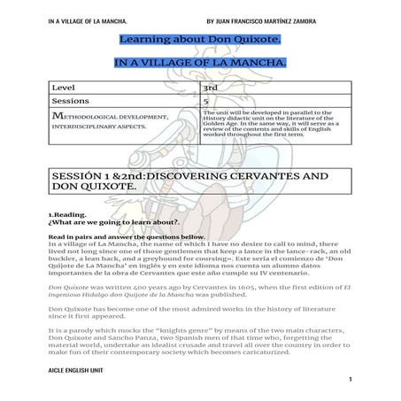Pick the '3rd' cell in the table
[212, 88]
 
